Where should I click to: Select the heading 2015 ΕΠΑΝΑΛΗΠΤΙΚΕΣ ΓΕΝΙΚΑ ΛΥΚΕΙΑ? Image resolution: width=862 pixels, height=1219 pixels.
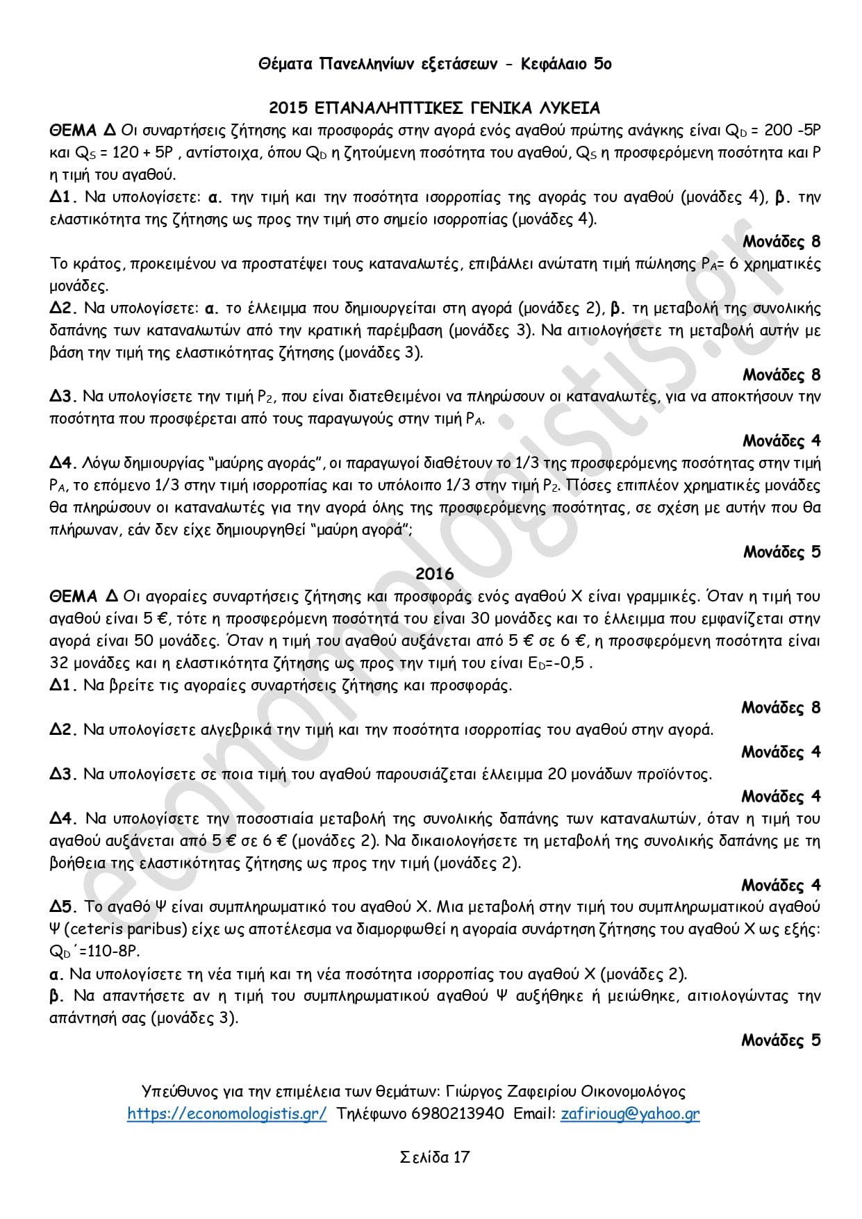tap(434, 108)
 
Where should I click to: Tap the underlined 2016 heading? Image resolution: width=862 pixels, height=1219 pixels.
tap(434, 574)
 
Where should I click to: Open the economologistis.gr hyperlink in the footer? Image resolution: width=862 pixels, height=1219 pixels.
tap(226, 1114)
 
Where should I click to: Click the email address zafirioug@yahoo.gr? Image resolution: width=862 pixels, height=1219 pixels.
tap(630, 1114)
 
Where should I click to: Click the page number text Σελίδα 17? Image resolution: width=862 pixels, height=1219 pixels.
tap(435, 1157)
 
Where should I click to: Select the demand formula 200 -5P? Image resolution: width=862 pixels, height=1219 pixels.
tap(792, 131)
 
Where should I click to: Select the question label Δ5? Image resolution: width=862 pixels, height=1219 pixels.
tap(63, 907)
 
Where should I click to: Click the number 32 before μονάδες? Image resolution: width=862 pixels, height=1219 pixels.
tap(59, 663)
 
